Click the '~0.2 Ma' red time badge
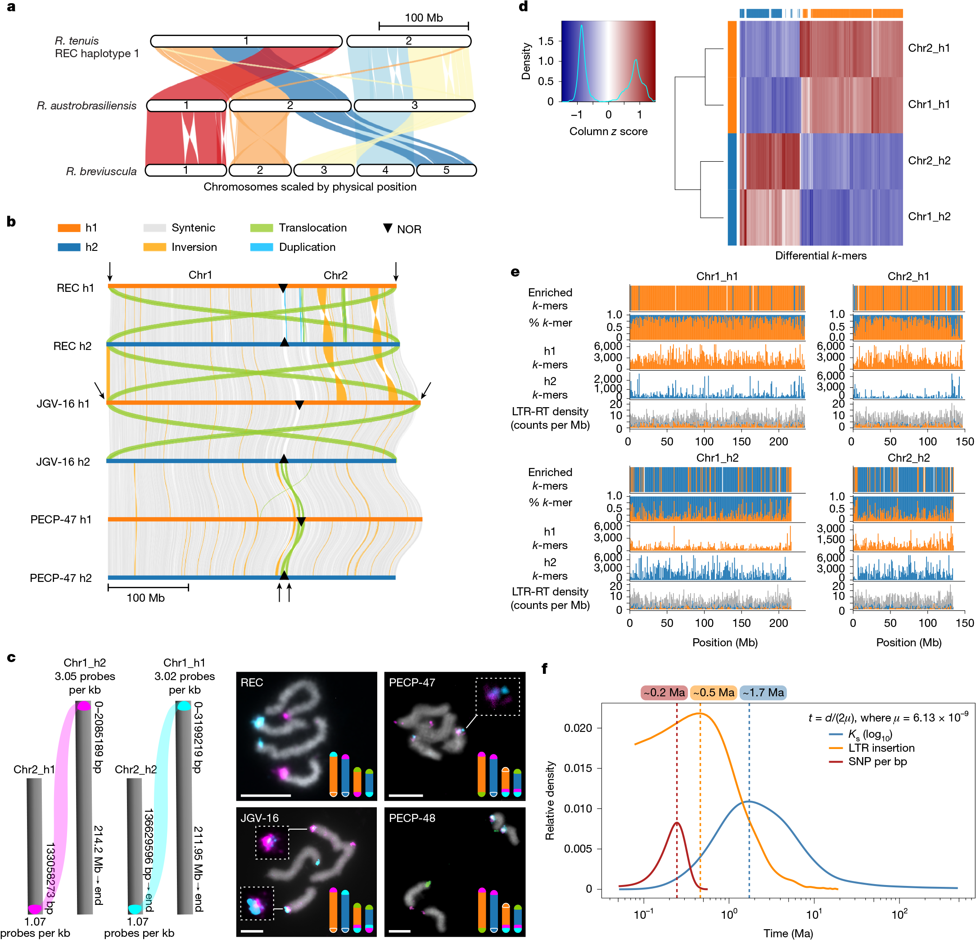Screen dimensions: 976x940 (664, 692)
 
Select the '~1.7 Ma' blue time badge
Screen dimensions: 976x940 (763, 692)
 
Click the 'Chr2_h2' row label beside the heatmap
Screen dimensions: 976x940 (929, 160)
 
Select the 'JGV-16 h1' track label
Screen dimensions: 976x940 (63, 404)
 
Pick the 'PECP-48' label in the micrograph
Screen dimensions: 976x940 (412, 818)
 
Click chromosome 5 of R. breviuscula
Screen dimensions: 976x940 (447, 170)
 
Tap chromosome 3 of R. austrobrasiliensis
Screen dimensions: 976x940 (414, 105)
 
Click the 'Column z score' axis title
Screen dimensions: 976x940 (609, 132)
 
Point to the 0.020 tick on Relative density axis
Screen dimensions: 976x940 (578, 728)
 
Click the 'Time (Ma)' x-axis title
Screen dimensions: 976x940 (788, 933)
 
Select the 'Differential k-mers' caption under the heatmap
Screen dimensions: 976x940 (821, 255)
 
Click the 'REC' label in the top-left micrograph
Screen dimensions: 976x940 (252, 682)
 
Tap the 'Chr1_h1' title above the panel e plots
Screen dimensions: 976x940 (717, 276)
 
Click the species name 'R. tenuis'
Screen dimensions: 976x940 (77, 41)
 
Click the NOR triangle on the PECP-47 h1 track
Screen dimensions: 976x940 (301, 522)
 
